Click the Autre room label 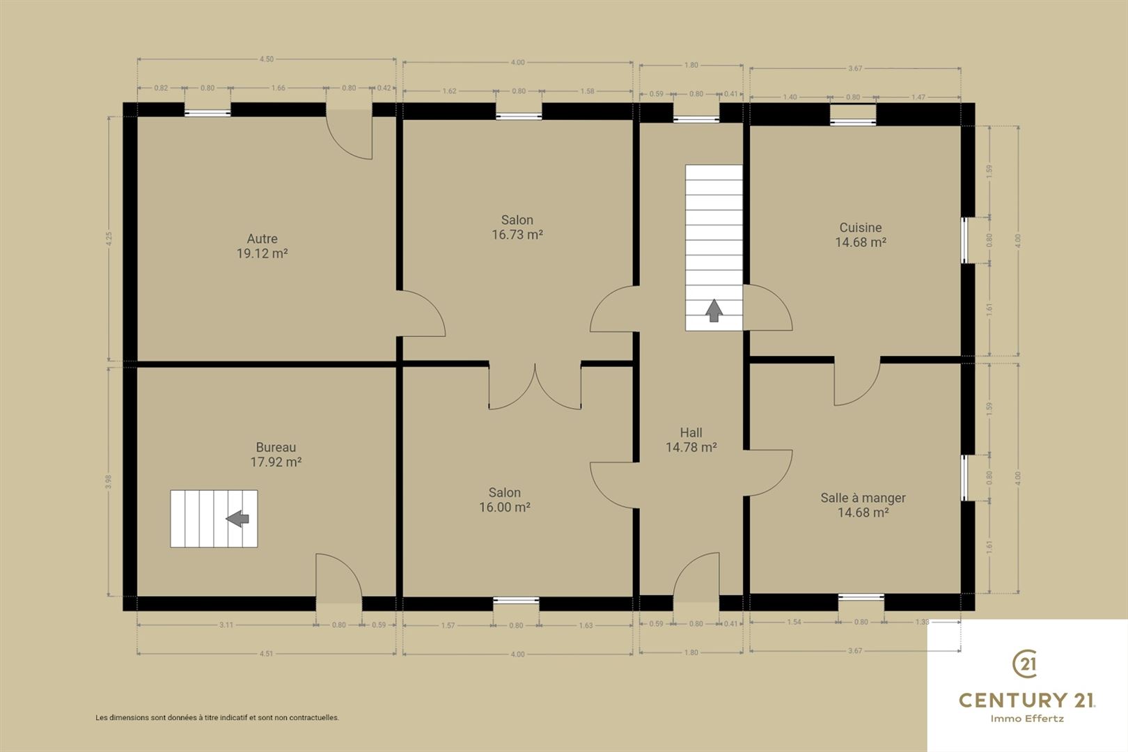pyautogui.click(x=262, y=239)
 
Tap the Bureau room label pyautogui.click(x=276, y=447)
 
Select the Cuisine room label pyautogui.click(x=861, y=228)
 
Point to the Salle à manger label pyautogui.click(x=863, y=498)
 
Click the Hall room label pyautogui.click(x=691, y=432)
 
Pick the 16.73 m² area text pyautogui.click(x=517, y=235)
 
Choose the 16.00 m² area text pyautogui.click(x=505, y=507)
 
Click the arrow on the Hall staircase pyautogui.click(x=714, y=311)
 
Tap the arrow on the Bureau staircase pyautogui.click(x=237, y=518)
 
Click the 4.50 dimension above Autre pyautogui.click(x=267, y=59)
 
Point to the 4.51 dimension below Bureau pyautogui.click(x=266, y=654)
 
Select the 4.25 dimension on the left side pyautogui.click(x=109, y=239)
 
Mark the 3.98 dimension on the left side pyautogui.click(x=108, y=482)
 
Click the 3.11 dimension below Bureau pyautogui.click(x=226, y=625)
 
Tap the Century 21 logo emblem pyautogui.click(x=1025, y=664)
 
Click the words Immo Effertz pyautogui.click(x=1027, y=719)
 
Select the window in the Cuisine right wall pyautogui.click(x=965, y=240)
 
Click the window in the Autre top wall pyautogui.click(x=207, y=113)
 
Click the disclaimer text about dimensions pyautogui.click(x=217, y=718)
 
